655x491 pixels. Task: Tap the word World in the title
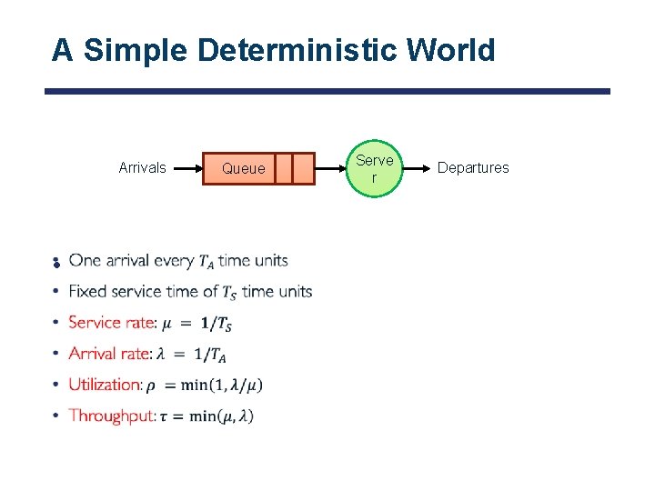coord(453,50)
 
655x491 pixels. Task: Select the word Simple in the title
coord(136,50)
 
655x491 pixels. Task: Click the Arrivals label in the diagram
coord(143,167)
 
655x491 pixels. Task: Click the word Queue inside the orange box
coord(244,168)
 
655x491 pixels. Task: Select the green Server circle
coord(374,168)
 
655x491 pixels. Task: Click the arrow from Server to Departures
coord(417,168)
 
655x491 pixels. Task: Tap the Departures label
coord(473,167)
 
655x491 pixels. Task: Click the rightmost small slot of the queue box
coord(303,168)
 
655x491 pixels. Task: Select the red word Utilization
coord(105,385)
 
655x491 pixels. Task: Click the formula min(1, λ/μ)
coord(222,385)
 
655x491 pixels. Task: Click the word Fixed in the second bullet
coord(87,292)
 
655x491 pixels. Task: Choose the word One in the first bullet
coord(85,261)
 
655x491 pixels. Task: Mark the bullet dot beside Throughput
coord(55,416)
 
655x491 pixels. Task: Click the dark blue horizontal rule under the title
coord(327,91)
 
